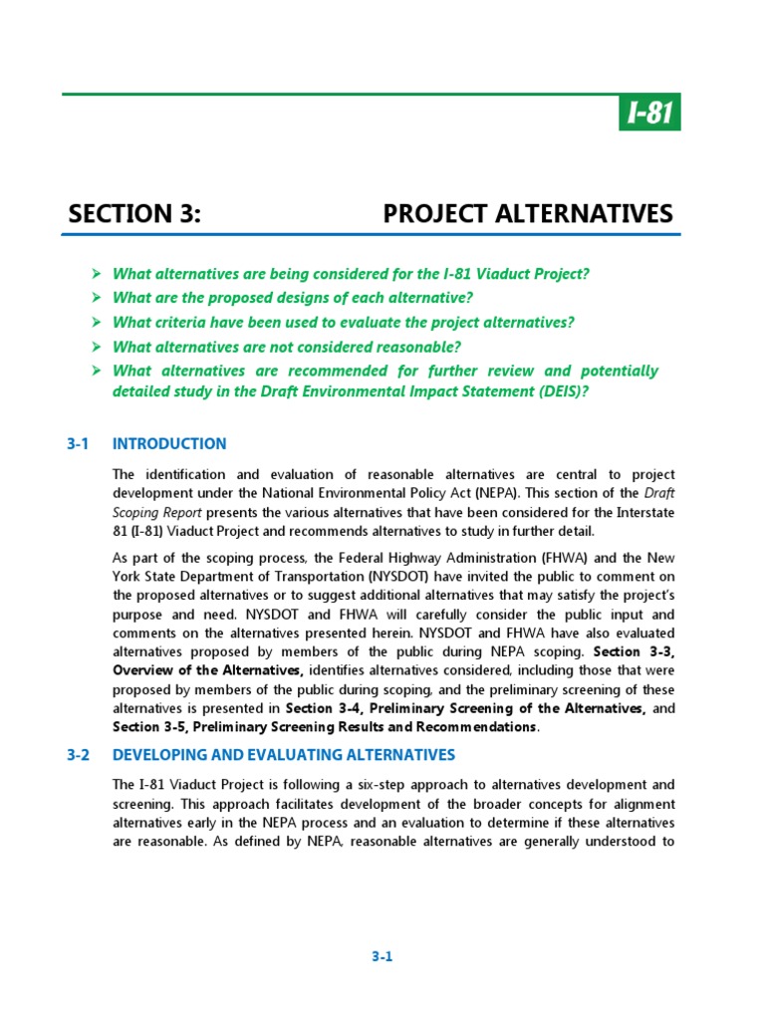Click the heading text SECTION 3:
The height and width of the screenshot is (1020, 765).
[x=134, y=214]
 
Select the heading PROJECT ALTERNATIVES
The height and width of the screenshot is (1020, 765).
[x=528, y=214]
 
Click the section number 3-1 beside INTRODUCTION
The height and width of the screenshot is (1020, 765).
[x=79, y=444]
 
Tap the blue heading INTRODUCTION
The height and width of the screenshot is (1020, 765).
[x=169, y=444]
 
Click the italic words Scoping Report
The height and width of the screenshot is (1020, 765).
[x=159, y=512]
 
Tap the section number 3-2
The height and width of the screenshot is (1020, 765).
[x=79, y=755]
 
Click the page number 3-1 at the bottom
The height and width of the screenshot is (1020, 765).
[x=382, y=957]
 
